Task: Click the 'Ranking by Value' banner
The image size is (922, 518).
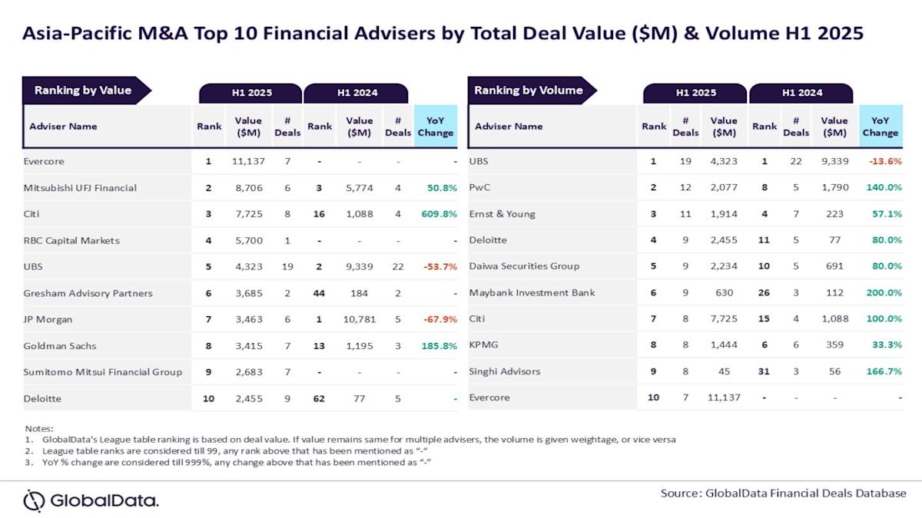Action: pyautogui.click(x=82, y=91)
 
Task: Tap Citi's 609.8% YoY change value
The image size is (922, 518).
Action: pyautogui.click(x=436, y=214)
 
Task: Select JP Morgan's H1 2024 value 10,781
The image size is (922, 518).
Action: pyautogui.click(x=359, y=319)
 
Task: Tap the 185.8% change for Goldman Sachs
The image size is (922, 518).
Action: pyautogui.click(x=436, y=345)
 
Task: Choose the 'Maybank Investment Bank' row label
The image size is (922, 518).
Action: pyautogui.click(x=532, y=292)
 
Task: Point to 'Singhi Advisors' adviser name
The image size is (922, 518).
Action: pyautogui.click(x=505, y=371)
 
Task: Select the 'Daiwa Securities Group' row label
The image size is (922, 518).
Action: pyautogui.click(x=524, y=266)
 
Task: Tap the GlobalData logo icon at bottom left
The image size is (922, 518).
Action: pyautogui.click(x=34, y=500)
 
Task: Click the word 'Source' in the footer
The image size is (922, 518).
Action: pyautogui.click(x=680, y=493)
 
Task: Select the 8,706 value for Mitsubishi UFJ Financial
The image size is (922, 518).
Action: pyautogui.click(x=248, y=188)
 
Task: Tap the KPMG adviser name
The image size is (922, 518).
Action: pyautogui.click(x=484, y=345)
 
